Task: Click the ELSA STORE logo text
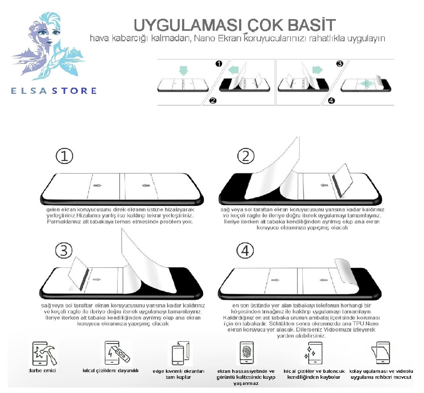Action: coord(54,91)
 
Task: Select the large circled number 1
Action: coord(64,156)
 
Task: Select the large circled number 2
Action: coord(246,156)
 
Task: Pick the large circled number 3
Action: coord(64,251)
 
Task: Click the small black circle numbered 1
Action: coord(219,64)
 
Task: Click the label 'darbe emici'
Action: coord(42,371)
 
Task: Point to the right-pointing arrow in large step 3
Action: coord(97,280)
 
